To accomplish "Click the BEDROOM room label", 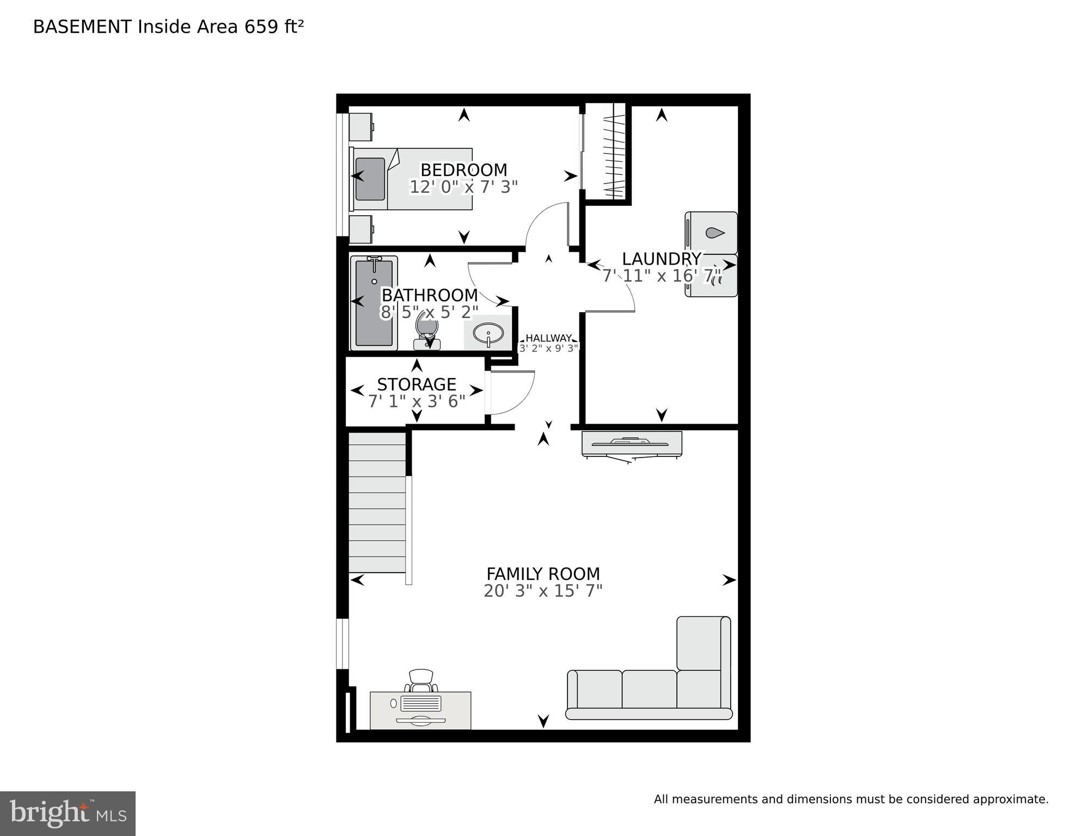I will click(x=463, y=170).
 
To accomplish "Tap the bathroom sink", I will click(x=488, y=332).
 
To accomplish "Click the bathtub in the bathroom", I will click(x=374, y=303).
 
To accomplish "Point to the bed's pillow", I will click(x=370, y=179).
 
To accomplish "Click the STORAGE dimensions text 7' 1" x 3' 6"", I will click(x=417, y=402).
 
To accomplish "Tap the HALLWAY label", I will click(x=548, y=338).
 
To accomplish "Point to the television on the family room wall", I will click(x=631, y=443).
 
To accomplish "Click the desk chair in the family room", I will click(x=421, y=680).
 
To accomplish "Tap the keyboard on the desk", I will click(x=420, y=703).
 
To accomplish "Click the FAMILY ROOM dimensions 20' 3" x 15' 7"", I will click(x=543, y=591).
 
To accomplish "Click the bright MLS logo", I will click(x=68, y=814).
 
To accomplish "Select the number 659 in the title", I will click(x=261, y=27).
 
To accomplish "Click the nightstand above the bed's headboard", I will click(x=360, y=127).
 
